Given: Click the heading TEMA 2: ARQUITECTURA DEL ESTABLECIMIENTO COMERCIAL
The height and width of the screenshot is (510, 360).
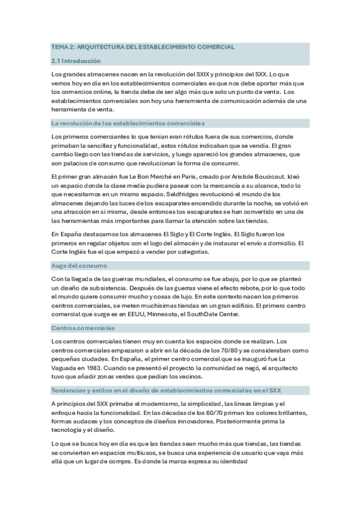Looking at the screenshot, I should [142, 46].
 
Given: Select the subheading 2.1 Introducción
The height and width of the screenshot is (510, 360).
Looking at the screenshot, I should [76, 61].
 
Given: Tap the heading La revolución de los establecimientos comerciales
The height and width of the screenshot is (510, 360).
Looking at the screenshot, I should [128, 123].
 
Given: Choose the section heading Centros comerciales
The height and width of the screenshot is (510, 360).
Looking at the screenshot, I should [83, 328].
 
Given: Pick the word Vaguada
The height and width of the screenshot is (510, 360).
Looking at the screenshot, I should [66, 367].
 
